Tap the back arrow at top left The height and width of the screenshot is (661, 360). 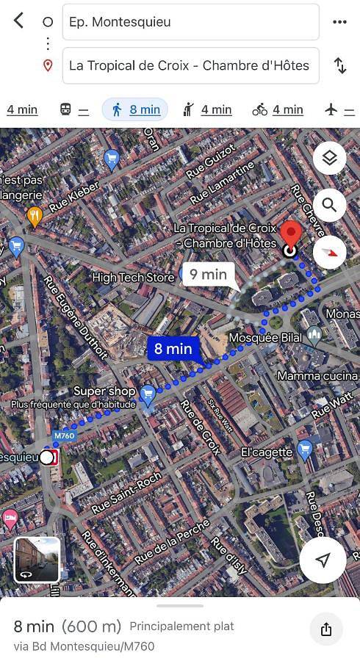click(x=18, y=21)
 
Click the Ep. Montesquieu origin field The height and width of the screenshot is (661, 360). click(x=191, y=22)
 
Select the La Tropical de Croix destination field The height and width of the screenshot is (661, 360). click(x=191, y=65)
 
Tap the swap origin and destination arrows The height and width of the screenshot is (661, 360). click(x=340, y=65)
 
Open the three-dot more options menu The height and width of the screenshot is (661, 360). click(x=339, y=22)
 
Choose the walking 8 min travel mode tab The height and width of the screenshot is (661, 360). click(x=136, y=109)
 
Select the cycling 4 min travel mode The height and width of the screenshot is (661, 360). click(x=278, y=109)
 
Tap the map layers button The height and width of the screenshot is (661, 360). click(x=329, y=158)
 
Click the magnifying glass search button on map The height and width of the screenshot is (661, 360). click(x=329, y=206)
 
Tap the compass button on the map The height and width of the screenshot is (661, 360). click(x=329, y=252)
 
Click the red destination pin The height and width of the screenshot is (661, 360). click(x=292, y=235)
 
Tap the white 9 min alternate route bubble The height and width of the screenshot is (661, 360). click(x=209, y=275)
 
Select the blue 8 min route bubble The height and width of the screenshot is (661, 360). click(x=173, y=349)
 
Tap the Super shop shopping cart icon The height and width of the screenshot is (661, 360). click(x=148, y=395)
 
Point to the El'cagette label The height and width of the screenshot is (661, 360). click(x=267, y=452)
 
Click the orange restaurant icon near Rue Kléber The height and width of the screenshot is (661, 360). click(x=34, y=216)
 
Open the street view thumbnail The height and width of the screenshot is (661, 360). click(x=37, y=560)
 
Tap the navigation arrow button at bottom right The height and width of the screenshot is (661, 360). click(x=323, y=560)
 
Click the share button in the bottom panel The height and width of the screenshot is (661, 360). click(x=326, y=629)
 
